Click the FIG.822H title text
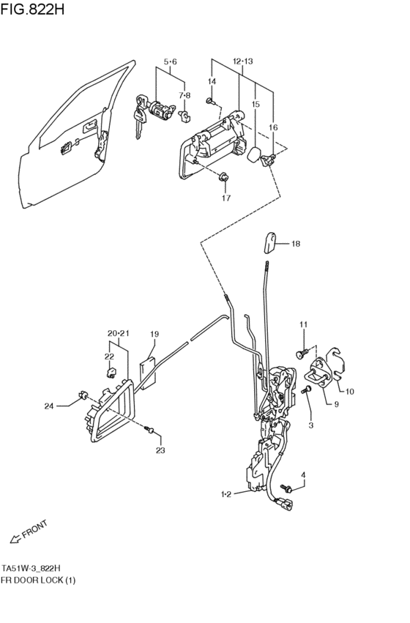(x=32, y=9)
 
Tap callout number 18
(x=296, y=244)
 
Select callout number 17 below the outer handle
(x=226, y=198)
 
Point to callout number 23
(x=160, y=450)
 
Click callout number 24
(x=49, y=406)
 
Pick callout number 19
(x=154, y=334)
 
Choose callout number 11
(x=304, y=324)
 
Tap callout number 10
(x=350, y=392)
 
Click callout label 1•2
(x=226, y=494)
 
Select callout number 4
(x=304, y=475)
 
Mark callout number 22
(x=109, y=357)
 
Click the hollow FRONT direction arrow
(x=15, y=539)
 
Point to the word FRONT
(x=35, y=529)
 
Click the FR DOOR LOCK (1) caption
(x=38, y=580)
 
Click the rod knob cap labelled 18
(x=270, y=242)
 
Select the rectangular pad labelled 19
(x=148, y=373)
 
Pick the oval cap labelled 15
(x=254, y=154)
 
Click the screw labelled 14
(x=211, y=102)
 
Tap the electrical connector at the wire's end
(x=285, y=504)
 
